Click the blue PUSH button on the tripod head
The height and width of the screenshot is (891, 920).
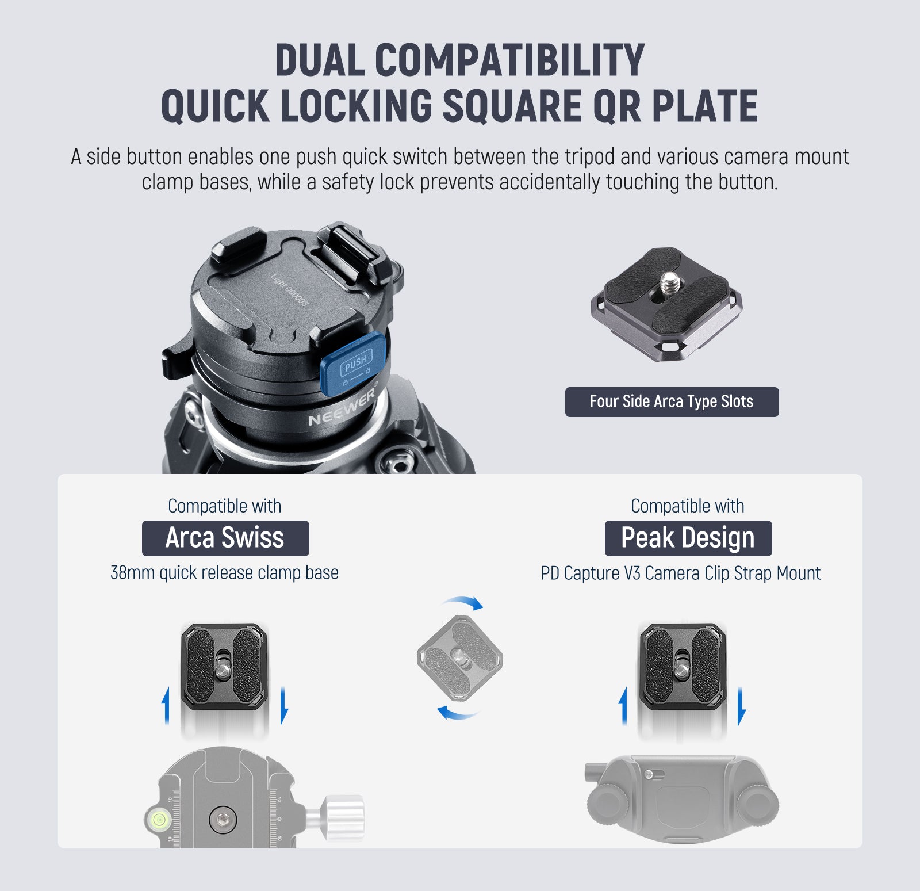[353, 364]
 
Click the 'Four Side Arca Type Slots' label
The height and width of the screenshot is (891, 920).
[672, 401]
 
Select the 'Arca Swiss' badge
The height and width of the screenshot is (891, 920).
[225, 538]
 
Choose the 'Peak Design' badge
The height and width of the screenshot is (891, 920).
[688, 538]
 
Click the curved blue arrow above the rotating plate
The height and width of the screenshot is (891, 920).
[463, 602]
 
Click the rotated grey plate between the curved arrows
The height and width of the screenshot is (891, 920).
[460, 657]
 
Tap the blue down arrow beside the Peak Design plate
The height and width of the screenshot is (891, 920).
[741, 706]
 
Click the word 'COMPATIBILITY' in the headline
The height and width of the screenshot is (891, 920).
[509, 60]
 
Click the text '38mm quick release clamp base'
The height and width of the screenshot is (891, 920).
[224, 573]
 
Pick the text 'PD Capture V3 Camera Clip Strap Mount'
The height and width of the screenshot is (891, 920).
[681, 573]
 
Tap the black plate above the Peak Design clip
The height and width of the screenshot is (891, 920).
[683, 667]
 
